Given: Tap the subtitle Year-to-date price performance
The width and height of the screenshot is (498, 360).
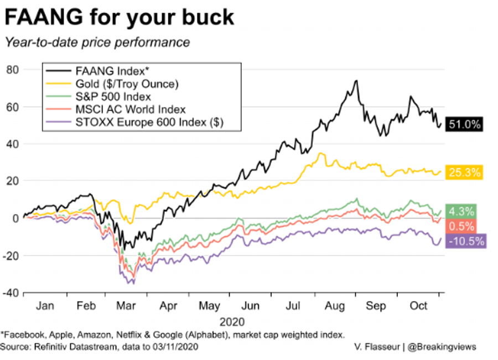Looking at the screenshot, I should (x=97, y=42).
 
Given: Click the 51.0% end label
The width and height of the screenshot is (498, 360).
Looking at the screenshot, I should (x=465, y=125).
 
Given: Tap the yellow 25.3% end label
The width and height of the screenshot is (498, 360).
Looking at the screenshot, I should (x=465, y=172).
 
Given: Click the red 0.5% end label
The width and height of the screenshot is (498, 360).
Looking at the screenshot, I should (x=461, y=226).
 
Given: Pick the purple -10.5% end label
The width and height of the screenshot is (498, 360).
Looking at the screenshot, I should (x=466, y=241).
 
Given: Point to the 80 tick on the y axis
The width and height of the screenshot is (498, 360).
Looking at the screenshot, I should (x=13, y=70).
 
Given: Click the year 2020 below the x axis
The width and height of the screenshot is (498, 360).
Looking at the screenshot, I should (x=232, y=321).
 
